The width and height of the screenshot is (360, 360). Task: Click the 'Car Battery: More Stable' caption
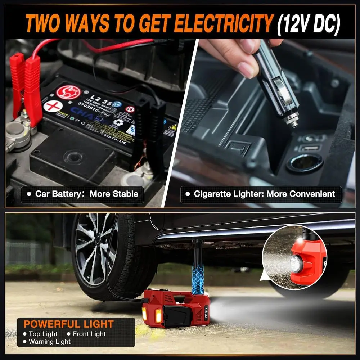coord(82,194)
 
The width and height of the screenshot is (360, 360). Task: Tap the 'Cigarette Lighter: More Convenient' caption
coord(261,194)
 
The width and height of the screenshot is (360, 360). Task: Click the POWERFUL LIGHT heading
coord(68,324)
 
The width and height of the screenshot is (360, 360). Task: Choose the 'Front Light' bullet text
coord(88,334)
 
